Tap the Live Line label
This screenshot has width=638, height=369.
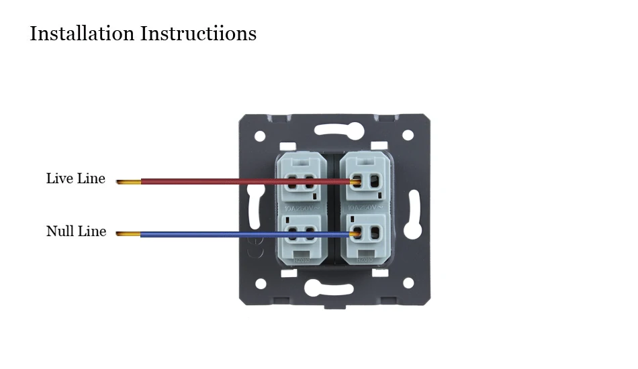[x=76, y=178]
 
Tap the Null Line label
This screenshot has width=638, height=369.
[x=76, y=231]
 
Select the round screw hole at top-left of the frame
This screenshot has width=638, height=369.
[x=260, y=136]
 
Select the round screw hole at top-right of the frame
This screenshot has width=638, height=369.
[x=408, y=135]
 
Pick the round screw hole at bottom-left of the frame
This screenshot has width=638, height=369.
[x=261, y=284]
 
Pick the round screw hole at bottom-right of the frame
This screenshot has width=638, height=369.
[x=408, y=283]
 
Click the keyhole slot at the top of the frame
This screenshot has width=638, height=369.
[x=334, y=129]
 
